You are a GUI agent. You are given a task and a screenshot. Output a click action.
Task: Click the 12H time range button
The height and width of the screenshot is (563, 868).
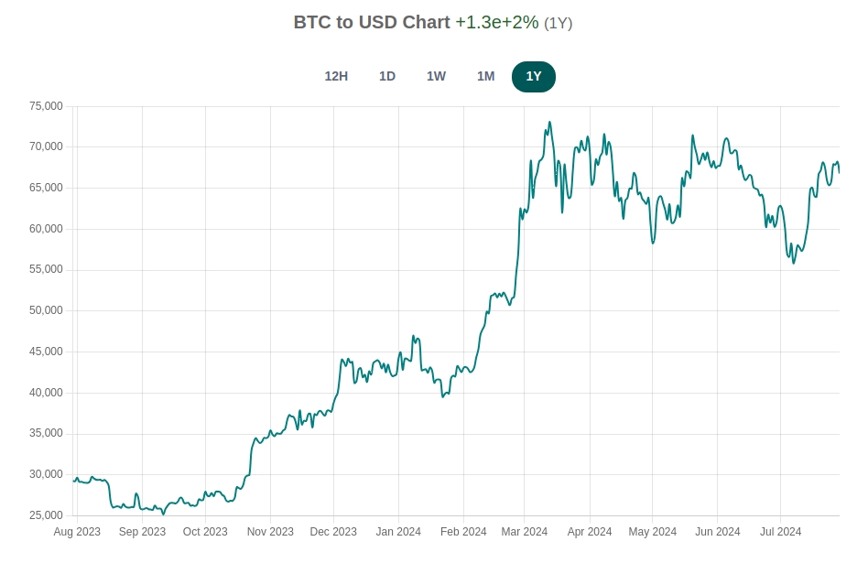(336, 76)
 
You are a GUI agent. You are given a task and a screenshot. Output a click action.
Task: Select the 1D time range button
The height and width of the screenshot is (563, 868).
(387, 76)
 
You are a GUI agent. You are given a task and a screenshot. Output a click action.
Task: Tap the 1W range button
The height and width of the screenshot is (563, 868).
(436, 76)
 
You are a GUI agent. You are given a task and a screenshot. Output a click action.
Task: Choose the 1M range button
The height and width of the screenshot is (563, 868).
(485, 76)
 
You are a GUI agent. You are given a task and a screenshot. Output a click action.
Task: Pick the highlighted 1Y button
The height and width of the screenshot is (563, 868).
(534, 76)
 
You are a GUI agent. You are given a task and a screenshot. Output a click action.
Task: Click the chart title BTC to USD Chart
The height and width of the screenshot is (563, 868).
(372, 22)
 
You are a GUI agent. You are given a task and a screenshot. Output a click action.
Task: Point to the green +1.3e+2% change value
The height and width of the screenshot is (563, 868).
(497, 22)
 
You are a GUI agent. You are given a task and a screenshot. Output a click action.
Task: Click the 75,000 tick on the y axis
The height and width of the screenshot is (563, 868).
(46, 106)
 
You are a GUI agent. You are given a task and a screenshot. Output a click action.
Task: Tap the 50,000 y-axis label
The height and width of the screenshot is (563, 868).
(46, 310)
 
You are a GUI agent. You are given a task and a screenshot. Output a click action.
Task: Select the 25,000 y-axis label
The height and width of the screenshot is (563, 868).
(46, 515)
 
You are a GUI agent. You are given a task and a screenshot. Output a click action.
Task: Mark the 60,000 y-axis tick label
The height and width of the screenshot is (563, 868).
(46, 229)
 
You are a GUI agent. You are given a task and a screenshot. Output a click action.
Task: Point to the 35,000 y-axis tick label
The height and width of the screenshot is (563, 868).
(46, 434)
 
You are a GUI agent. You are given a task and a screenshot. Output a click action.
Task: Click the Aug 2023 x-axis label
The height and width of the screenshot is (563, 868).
(77, 532)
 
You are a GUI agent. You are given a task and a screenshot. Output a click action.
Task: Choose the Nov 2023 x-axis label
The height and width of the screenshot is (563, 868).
(270, 532)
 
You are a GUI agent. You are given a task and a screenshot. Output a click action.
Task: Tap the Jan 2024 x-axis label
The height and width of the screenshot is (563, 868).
(398, 532)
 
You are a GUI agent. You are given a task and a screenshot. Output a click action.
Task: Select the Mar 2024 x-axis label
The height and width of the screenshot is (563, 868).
(525, 532)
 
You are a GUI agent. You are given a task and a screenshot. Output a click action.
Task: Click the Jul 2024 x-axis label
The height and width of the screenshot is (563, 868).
(780, 532)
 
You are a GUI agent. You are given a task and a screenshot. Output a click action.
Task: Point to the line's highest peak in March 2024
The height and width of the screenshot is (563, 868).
(549, 122)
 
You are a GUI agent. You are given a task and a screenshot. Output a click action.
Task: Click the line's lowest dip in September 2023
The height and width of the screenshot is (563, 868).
(164, 514)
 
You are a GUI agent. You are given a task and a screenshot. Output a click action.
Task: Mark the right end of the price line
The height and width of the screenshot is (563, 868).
(839, 172)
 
